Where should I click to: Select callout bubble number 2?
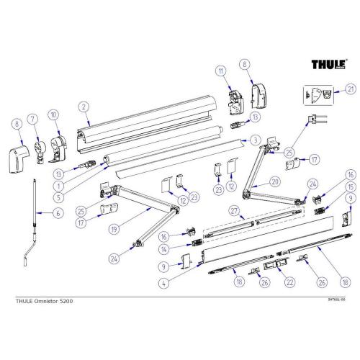[x=85, y=107]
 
